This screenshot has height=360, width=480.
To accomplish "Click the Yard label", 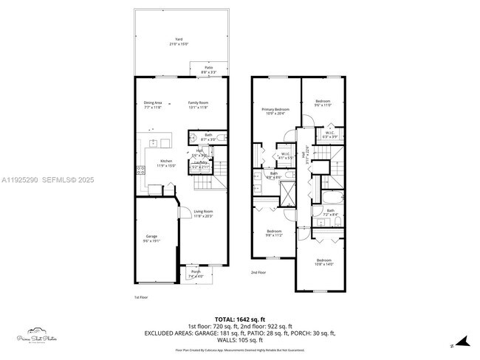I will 178,41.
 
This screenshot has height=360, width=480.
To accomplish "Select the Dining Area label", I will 153,103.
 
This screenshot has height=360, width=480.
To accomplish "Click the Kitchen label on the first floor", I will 167,162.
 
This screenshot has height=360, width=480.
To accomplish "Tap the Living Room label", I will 203,213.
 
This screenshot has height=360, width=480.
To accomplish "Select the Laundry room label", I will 200,163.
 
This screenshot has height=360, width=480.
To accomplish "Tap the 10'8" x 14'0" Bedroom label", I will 325,261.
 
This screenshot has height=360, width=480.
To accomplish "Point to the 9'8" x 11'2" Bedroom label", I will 275,232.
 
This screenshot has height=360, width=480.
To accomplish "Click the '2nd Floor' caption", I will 258,272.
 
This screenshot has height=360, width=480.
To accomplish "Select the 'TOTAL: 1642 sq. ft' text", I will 240,319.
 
